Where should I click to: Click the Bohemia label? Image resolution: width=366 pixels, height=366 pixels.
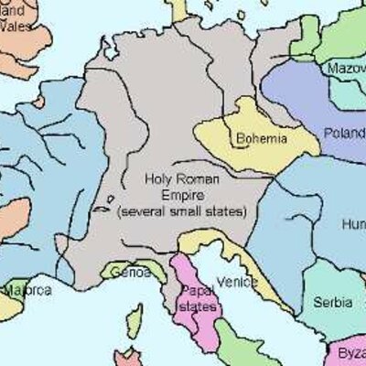click(262, 139)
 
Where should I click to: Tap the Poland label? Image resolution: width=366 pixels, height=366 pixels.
click(344, 133)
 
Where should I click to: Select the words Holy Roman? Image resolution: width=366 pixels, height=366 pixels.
click(179, 181)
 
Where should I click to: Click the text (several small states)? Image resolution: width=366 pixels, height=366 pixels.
click(182, 212)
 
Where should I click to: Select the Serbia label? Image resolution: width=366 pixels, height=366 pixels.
click(331, 301)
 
